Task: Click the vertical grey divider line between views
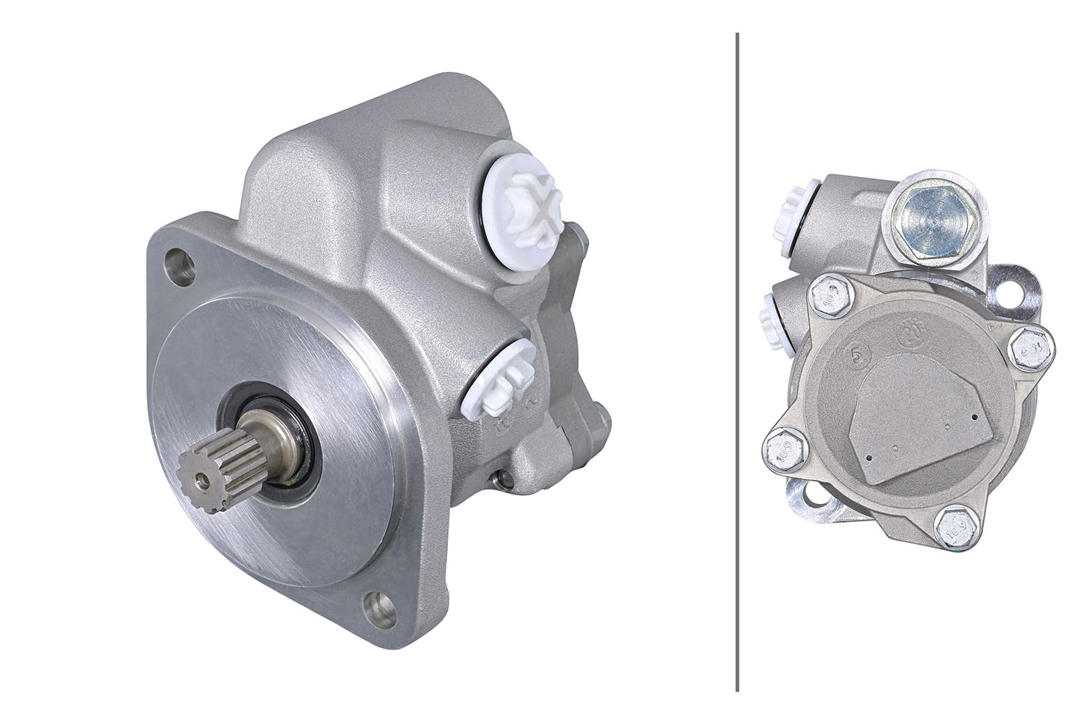pyautogui.click(x=737, y=361)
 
